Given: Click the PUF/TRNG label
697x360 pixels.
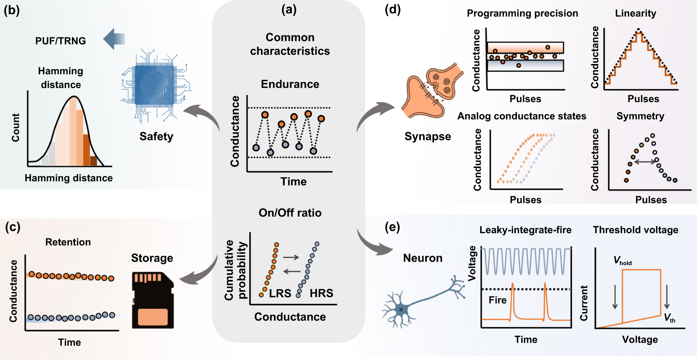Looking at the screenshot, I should coord(61,41).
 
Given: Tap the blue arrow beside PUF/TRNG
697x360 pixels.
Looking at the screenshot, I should coord(114,39).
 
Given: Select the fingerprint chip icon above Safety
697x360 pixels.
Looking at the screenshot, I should coord(155,85).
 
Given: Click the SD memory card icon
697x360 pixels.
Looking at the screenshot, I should coord(152,300).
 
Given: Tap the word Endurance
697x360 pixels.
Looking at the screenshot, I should coord(290,84).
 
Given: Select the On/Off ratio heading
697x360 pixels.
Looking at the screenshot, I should coord(290,213).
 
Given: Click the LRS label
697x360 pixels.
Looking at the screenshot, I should coord(280,293).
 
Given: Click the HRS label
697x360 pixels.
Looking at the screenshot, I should coord(321,293).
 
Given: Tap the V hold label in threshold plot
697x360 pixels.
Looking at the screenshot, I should coord(622,261).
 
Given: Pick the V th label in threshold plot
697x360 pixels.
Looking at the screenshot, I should coord(669,318).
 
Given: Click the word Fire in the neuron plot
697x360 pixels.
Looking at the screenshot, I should coord(497,300).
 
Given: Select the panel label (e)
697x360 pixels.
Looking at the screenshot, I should coord(392,227).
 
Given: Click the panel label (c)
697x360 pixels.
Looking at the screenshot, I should coord(12,227).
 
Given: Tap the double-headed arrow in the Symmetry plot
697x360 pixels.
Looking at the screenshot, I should coord(645,162).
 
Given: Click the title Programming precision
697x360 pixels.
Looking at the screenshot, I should coord(522,13).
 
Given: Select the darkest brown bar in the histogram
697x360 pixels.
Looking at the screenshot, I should coord(93,161).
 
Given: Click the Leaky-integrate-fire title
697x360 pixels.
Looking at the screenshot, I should coord(525,230).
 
